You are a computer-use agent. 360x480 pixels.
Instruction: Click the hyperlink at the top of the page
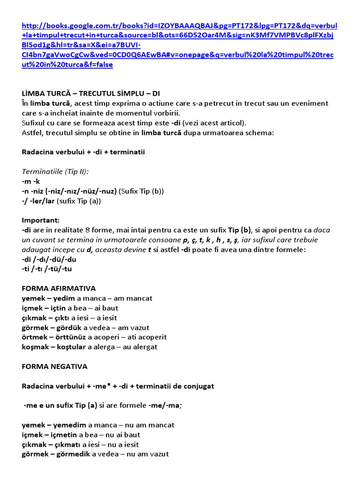click(x=178, y=45)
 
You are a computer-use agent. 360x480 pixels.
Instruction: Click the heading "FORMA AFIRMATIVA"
click(x=59, y=288)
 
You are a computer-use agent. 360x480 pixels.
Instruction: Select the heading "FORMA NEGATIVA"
click(x=54, y=366)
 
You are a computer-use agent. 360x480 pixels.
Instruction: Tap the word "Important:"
click(x=41, y=220)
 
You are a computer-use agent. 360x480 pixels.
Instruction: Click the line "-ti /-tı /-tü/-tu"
click(x=46, y=269)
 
